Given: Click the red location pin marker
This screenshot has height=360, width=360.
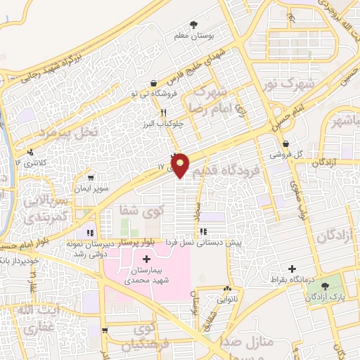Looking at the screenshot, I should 181,165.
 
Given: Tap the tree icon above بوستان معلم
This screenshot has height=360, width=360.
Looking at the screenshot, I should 193,22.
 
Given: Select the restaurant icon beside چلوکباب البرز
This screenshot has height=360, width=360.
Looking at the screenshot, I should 163,112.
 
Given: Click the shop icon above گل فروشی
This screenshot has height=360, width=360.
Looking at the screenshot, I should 284,143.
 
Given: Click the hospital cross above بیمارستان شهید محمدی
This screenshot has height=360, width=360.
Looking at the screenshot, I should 146,260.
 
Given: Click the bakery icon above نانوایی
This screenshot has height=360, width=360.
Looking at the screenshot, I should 227,288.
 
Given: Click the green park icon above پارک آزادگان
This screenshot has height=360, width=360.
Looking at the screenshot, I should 325,286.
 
